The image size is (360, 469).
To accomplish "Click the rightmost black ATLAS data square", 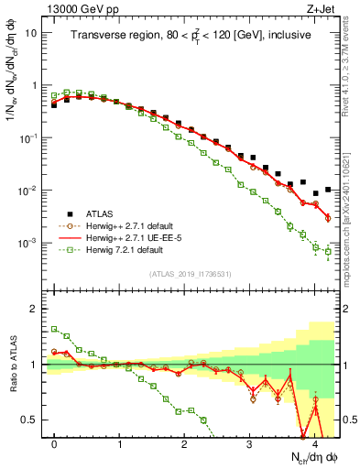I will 328,190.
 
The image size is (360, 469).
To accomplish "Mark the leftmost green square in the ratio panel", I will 54,329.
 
